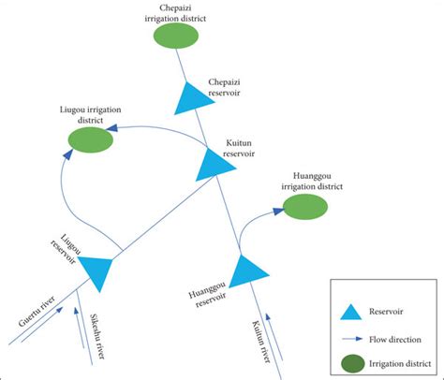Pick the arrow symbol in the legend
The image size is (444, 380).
pos(350,339)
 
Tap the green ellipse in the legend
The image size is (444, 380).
pos(350,363)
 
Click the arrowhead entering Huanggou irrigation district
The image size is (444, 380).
pos(278,212)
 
